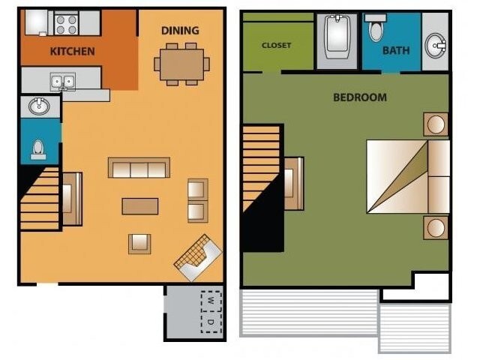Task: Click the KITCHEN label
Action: pos(72,52)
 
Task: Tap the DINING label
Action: pos(180,31)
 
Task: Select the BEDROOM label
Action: pos(360,97)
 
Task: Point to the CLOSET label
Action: pos(276,45)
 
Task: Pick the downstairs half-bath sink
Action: pos(39,106)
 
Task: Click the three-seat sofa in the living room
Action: pos(139,168)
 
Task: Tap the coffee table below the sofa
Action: pos(140,205)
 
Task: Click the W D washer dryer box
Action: pos(211,311)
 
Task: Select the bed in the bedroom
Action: pos(407,177)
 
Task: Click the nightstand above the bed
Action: pos(435,124)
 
